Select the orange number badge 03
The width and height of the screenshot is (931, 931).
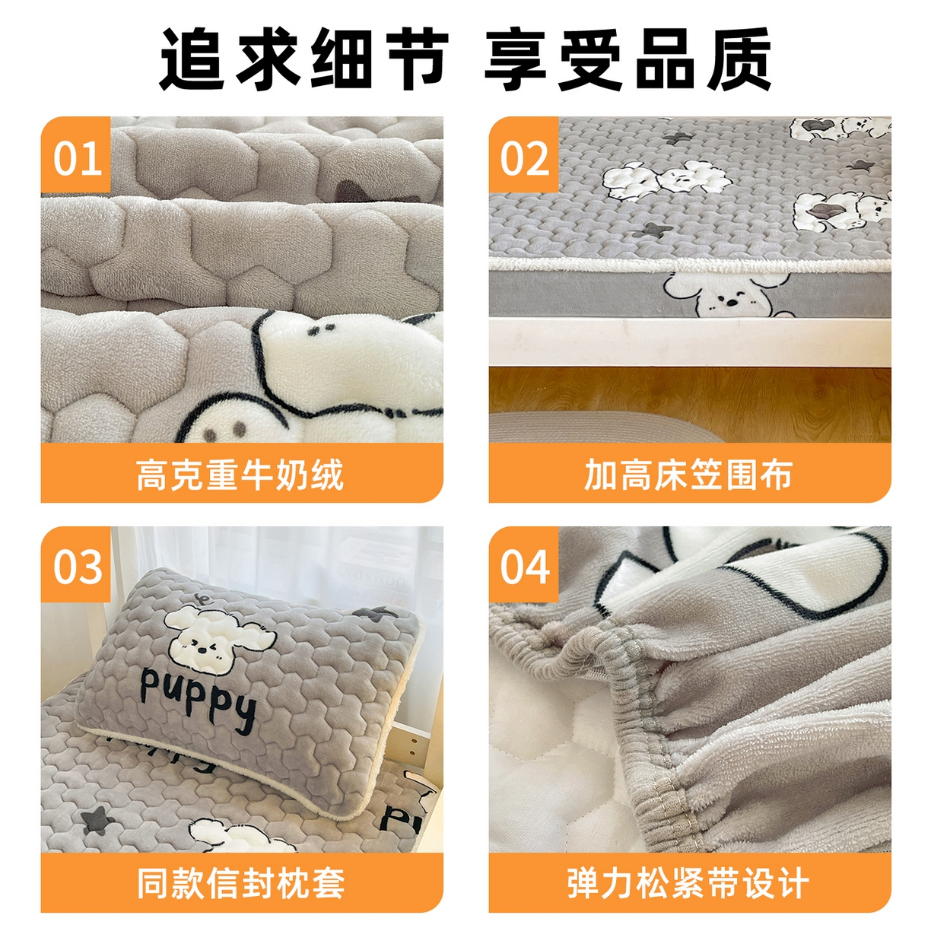coord(76,567)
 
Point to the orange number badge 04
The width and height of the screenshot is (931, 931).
coord(524,567)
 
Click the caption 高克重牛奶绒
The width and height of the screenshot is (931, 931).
coord(241,475)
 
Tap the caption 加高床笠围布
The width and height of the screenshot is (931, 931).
coord(688,475)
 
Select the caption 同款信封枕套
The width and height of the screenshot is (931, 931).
coord(241,883)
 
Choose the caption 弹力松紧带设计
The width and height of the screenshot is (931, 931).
coord(688,883)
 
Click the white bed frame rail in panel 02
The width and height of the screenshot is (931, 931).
coord(688,341)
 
